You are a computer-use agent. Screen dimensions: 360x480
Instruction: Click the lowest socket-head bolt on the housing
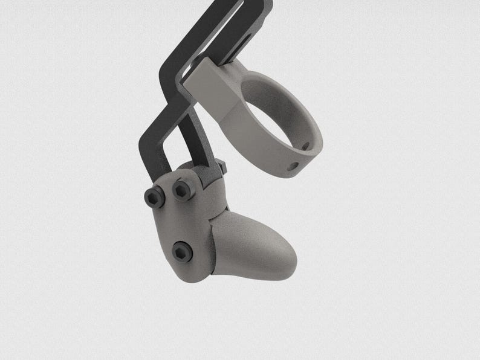tap(182, 251)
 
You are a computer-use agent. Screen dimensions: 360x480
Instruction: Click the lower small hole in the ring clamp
tap(293, 166)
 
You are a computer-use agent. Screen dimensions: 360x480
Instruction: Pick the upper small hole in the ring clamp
tap(305, 146)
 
